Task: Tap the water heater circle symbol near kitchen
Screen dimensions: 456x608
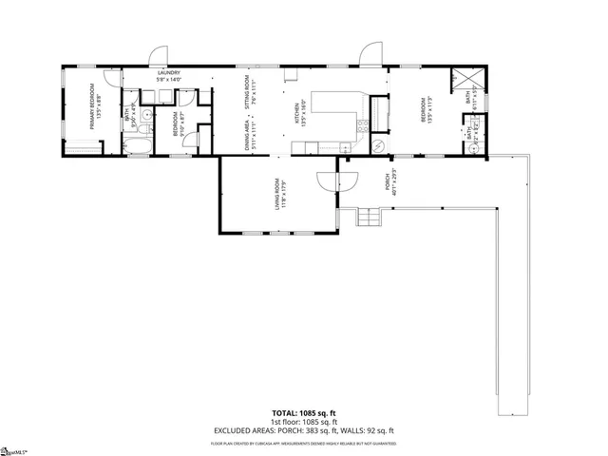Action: click(x=377, y=145)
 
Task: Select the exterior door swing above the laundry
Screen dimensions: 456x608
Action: click(x=158, y=55)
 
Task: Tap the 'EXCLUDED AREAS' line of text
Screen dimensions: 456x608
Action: click(x=303, y=430)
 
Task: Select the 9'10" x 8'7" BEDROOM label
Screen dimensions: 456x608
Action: click(x=177, y=126)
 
